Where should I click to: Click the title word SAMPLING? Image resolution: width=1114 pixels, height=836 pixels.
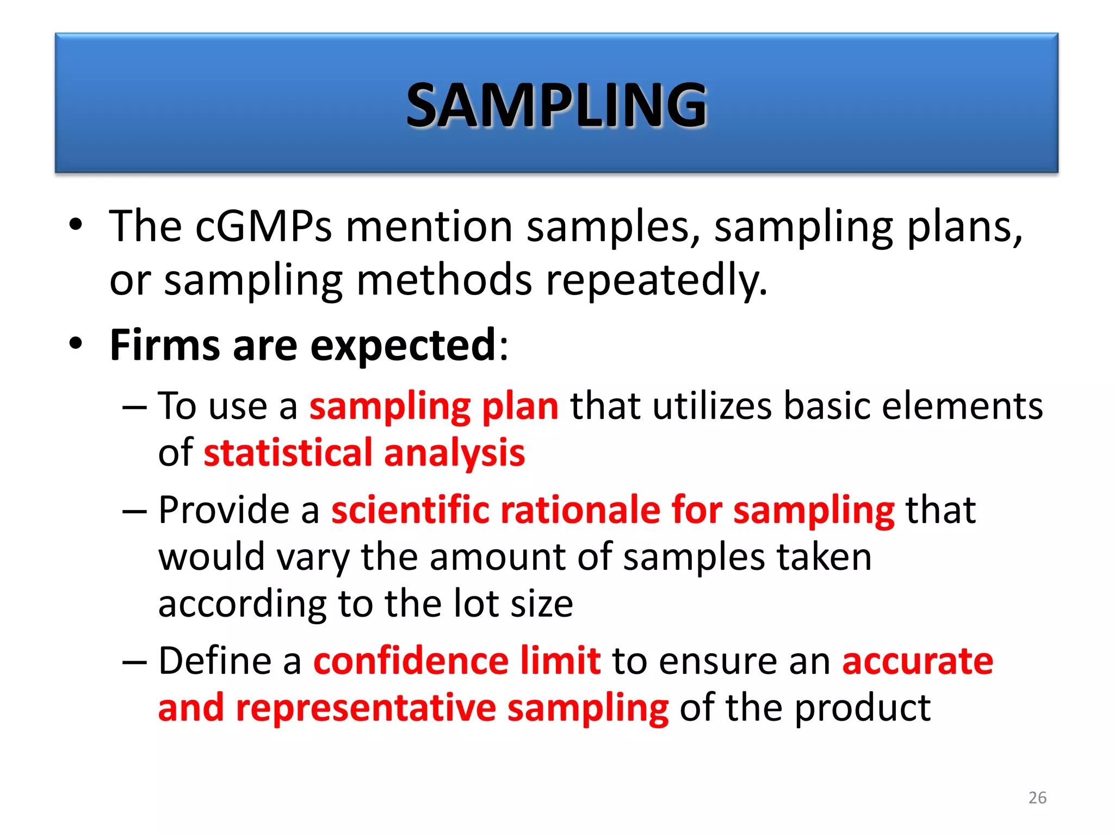tap(556, 104)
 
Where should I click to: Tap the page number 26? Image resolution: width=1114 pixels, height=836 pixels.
tap(1037, 797)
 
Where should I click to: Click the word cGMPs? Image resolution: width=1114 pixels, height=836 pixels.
tap(263, 226)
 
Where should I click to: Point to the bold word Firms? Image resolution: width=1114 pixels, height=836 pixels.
tap(165, 345)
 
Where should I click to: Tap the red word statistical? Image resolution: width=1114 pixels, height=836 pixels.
tap(288, 453)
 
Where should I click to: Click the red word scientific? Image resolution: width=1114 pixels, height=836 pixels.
tap(411, 510)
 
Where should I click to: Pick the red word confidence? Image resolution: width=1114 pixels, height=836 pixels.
tap(411, 661)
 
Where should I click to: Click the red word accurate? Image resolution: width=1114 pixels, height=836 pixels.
tap(918, 662)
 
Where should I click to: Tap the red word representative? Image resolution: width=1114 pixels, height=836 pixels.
tap(366, 709)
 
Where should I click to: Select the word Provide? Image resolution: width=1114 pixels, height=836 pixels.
tap(223, 510)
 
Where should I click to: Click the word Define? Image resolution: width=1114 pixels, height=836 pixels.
tap(214, 661)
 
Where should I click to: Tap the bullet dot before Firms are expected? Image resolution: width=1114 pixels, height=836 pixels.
tap(76, 343)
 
